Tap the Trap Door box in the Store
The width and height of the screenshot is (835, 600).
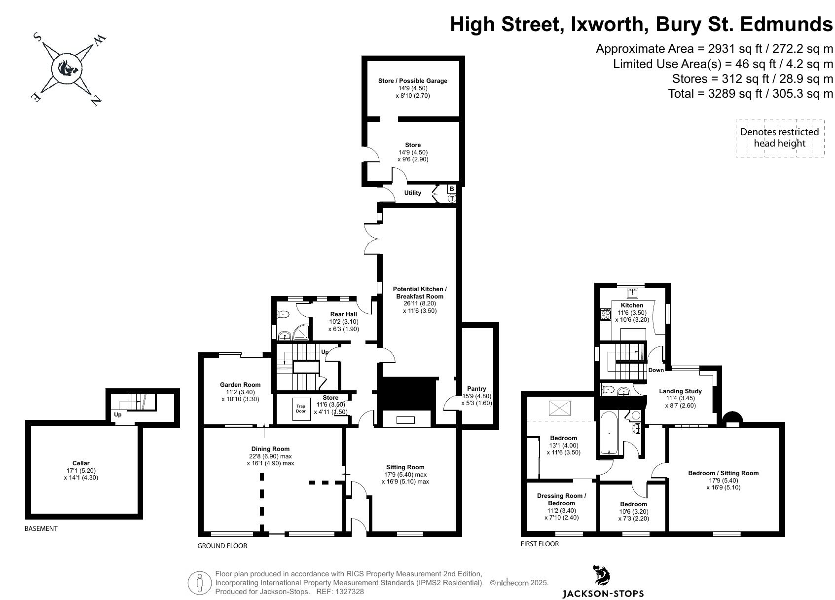tap(301, 409)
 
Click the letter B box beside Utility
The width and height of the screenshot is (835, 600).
tap(452, 189)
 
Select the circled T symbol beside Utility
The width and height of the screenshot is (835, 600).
tap(452, 198)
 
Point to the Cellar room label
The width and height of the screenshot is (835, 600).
tap(81, 463)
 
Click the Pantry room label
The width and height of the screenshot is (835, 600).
tap(476, 389)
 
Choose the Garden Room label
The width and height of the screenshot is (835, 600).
tap(240, 385)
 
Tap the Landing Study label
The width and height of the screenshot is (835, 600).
tap(680, 391)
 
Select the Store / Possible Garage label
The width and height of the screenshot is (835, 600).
tap(412, 81)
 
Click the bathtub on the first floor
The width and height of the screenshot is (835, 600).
tap(610, 433)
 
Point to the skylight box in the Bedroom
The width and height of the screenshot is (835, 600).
tap(559, 408)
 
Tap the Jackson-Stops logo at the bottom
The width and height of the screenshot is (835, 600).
tap(602, 582)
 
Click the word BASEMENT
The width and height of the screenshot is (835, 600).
tap(41, 528)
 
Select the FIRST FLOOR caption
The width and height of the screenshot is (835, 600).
tap(540, 544)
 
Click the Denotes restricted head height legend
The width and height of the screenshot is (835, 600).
tap(779, 138)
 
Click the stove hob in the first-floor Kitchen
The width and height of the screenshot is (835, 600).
tap(606, 314)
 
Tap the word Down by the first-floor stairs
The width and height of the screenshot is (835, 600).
tap(656, 370)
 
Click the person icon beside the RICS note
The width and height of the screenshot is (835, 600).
tap(199, 583)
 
